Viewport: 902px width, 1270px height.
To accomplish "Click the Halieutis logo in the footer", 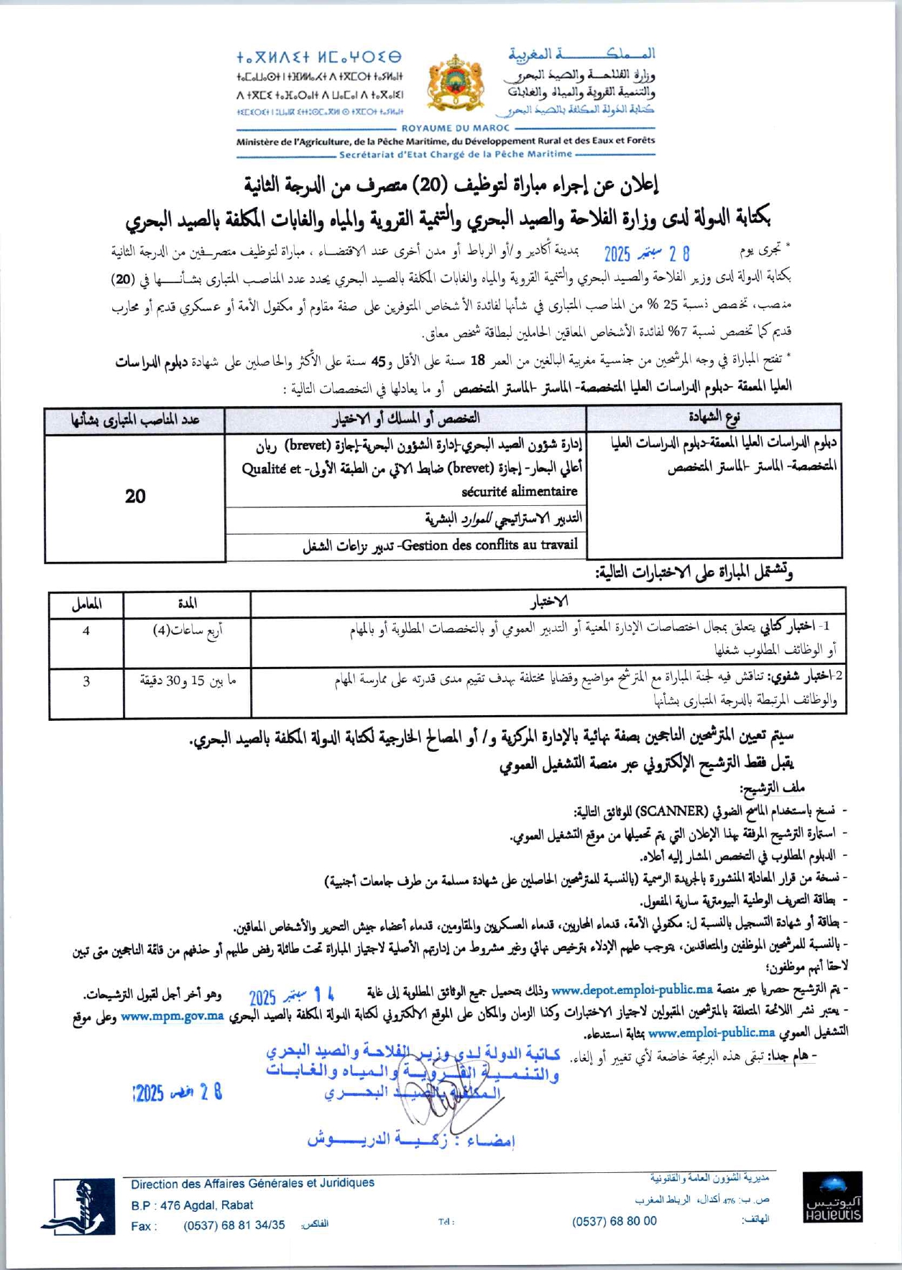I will point(832,1197).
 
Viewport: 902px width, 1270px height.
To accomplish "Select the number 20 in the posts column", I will point(134,497).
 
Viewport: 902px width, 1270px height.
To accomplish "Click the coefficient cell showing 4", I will point(86,631).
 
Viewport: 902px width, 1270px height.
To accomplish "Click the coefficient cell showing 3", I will point(86,681).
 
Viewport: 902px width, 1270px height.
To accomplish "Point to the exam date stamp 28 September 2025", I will point(646,253).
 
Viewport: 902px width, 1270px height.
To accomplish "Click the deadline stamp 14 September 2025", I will point(291,995).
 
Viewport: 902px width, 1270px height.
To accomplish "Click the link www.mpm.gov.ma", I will point(172,1016).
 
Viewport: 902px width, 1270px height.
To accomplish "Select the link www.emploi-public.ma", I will point(711,1033).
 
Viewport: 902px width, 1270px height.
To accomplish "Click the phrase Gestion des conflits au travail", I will point(489,545).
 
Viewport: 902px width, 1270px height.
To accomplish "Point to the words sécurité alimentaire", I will point(519,492).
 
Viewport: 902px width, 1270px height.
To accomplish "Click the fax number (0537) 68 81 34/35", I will point(234,1225).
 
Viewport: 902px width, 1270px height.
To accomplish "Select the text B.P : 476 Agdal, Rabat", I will point(192,1205).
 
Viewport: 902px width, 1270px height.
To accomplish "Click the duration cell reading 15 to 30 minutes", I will point(188,681).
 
